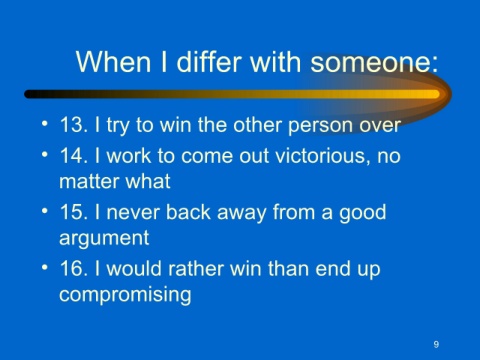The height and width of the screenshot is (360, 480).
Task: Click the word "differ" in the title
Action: [x=209, y=62]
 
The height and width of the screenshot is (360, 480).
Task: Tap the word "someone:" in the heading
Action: [x=374, y=62]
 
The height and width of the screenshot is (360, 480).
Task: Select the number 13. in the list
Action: [x=74, y=125]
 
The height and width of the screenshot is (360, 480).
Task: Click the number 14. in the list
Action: [x=74, y=156]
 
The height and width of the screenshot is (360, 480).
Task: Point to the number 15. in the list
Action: [x=74, y=212]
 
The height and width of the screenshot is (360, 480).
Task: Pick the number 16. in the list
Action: [x=74, y=268]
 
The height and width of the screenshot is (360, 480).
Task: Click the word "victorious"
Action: [x=323, y=156]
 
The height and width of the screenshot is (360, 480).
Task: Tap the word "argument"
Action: [x=104, y=238]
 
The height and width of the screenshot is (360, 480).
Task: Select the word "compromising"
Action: [x=125, y=295]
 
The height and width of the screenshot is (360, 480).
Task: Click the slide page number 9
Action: [x=436, y=344]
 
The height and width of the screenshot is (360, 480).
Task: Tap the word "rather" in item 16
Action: [x=195, y=268]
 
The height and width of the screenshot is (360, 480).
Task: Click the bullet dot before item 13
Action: [x=45, y=124]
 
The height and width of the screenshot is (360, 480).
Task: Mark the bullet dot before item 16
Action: [x=45, y=267]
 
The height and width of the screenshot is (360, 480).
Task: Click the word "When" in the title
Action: [x=113, y=62]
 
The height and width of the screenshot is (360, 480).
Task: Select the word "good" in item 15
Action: [x=363, y=213]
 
